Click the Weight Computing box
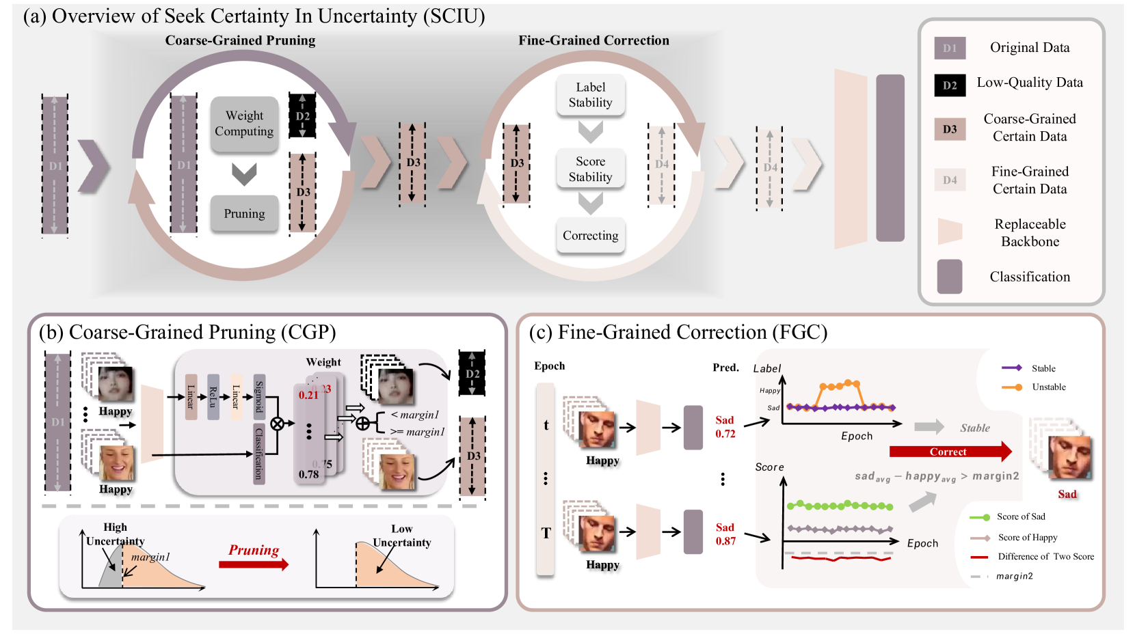pos(244,124)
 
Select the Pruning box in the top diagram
pos(244,213)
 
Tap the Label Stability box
pos(590,95)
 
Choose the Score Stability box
pos(590,169)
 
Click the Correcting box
pos(590,236)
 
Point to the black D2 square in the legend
pos(950,85)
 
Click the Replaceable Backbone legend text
pos(1030,233)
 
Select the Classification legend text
pos(1030,277)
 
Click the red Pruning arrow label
pos(254,551)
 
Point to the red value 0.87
pos(725,541)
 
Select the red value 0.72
pos(725,434)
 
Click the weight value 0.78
pos(308,474)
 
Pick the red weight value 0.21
pos(308,395)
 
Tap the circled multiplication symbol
pos(277,424)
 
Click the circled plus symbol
pos(362,424)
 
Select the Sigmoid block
pos(259,396)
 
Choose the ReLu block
pos(213,396)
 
